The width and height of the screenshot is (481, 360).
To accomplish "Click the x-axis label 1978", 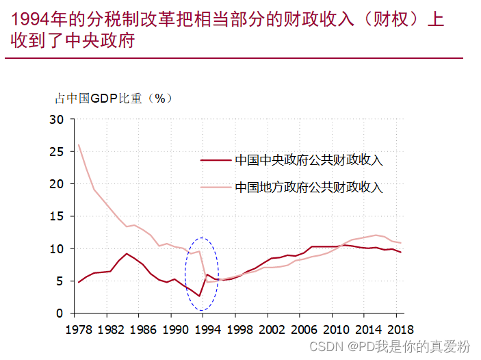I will [x=79, y=329].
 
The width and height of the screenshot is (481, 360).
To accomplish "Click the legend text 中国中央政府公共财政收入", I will [x=309, y=160].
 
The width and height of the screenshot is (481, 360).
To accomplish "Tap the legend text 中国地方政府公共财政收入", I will [x=309, y=187].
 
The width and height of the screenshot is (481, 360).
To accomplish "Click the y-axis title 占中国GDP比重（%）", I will [x=114, y=98].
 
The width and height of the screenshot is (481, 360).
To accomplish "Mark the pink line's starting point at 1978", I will [x=79, y=145].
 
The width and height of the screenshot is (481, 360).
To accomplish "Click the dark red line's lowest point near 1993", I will [x=199, y=296].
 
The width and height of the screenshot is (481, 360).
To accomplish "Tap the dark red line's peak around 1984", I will [x=127, y=254].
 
